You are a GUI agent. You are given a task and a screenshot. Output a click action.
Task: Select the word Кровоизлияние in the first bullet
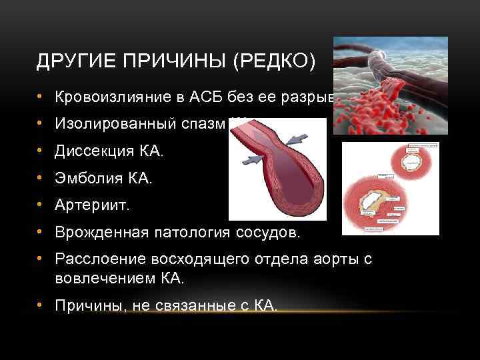(101, 98)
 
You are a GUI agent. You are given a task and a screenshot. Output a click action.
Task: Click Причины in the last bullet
(83, 306)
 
